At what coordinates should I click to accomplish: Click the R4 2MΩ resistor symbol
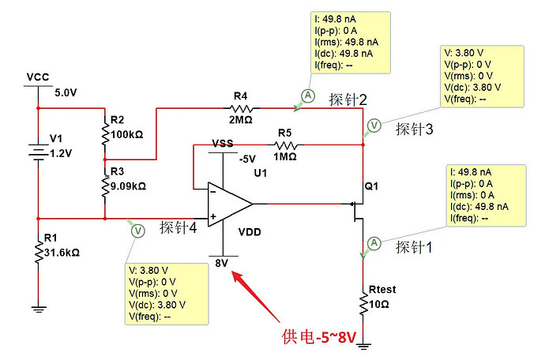[241, 108]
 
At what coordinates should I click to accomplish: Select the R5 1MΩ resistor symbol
[285, 144]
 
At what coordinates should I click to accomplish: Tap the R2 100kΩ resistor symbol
[104, 133]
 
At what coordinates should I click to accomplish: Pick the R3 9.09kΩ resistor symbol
[104, 186]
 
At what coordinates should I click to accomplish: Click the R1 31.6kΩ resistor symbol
[38, 253]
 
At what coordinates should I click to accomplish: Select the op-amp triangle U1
[230, 204]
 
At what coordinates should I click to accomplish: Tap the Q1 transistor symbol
[357, 211]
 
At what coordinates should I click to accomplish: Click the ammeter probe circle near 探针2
[308, 96]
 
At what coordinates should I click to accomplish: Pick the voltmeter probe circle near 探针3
[374, 125]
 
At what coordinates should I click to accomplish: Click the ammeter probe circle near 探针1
[374, 242]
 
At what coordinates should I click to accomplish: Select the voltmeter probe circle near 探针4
[138, 231]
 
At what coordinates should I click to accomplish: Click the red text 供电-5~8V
[319, 337]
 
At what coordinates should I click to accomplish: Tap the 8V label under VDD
[221, 263]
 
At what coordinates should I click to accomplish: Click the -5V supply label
[247, 159]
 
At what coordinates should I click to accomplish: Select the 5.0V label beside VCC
[66, 93]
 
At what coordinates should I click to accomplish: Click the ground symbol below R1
[39, 309]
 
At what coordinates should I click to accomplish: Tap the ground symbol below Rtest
[363, 346]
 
